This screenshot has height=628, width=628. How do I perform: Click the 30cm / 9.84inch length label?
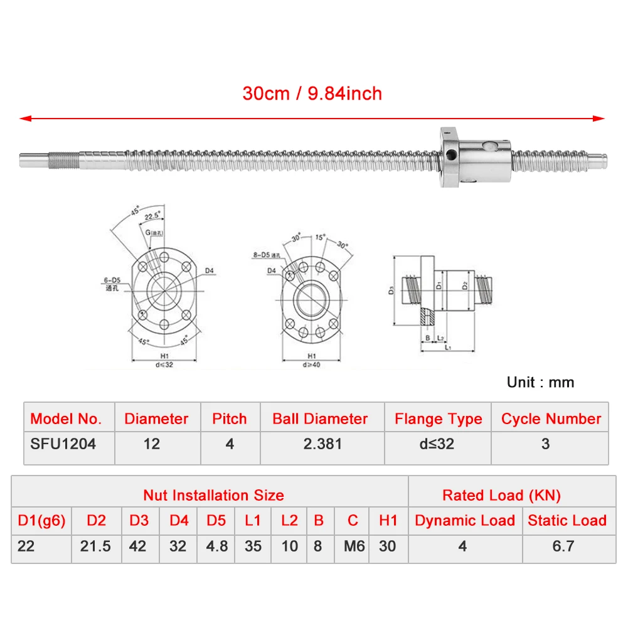click(x=312, y=93)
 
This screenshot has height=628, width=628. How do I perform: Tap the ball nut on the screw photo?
click(x=476, y=156)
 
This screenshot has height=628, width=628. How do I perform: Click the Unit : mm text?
click(x=540, y=382)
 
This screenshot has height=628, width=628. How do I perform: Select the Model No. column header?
click(x=66, y=418)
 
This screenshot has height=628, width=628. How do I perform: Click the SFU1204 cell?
click(x=63, y=444)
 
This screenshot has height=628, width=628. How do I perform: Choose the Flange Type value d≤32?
click(x=438, y=444)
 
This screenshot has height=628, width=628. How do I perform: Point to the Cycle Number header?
click(x=551, y=418)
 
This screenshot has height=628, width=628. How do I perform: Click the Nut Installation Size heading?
click(x=213, y=495)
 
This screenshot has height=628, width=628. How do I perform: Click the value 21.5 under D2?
click(x=95, y=546)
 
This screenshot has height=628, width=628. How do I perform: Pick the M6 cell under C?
click(x=353, y=546)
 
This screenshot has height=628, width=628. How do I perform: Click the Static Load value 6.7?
click(x=563, y=546)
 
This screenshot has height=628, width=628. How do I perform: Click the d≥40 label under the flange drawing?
click(x=312, y=365)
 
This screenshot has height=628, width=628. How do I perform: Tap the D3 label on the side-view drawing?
click(x=390, y=290)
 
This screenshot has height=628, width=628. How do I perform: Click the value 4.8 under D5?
click(x=216, y=546)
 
